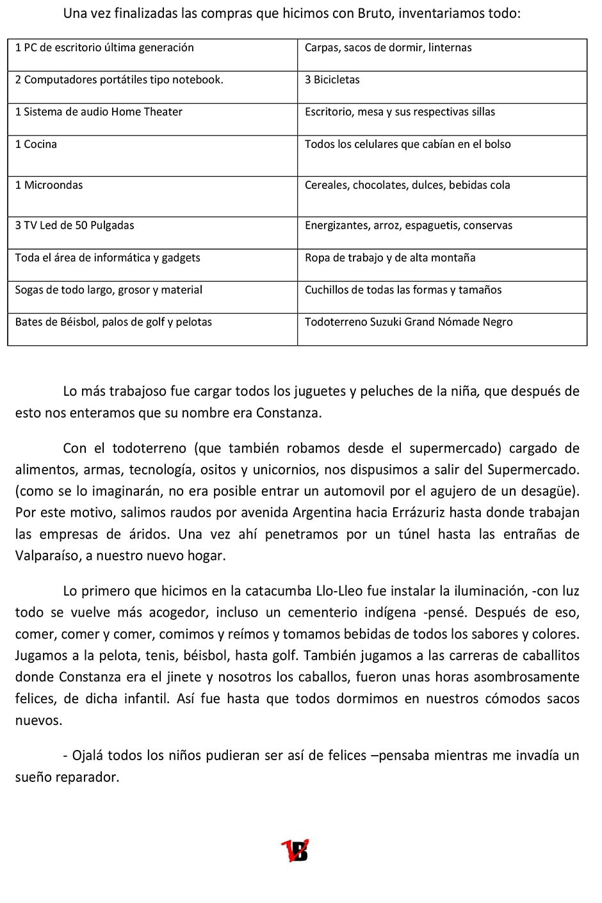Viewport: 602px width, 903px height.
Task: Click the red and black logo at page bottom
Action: point(295,850)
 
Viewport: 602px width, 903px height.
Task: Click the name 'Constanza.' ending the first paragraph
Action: point(289,413)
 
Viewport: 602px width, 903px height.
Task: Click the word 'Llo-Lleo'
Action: point(343,591)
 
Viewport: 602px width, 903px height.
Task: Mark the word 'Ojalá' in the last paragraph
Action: point(87,756)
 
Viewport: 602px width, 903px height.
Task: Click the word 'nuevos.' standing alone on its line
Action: point(39,720)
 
